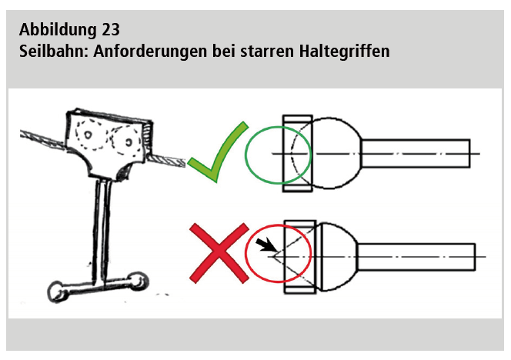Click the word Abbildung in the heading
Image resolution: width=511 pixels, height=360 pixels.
tap(58, 30)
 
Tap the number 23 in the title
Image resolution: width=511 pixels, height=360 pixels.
tap(111, 30)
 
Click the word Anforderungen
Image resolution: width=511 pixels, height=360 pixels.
tap(150, 52)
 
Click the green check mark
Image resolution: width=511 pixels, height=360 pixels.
tap(218, 152)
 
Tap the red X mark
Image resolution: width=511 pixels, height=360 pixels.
tap(219, 253)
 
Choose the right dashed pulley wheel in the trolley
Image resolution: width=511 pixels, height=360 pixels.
tap(126, 141)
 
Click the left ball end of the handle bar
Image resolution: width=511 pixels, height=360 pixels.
tap(57, 292)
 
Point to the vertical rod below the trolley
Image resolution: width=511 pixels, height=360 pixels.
tap(102, 232)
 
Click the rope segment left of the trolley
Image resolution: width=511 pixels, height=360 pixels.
tap(43, 139)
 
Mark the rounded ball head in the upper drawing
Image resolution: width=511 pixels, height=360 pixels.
tap(336, 153)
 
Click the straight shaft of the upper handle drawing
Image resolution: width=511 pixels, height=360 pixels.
tap(416, 153)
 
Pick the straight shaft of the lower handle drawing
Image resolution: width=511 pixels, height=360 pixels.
tap(416, 257)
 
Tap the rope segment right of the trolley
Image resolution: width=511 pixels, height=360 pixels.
tap(167, 160)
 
